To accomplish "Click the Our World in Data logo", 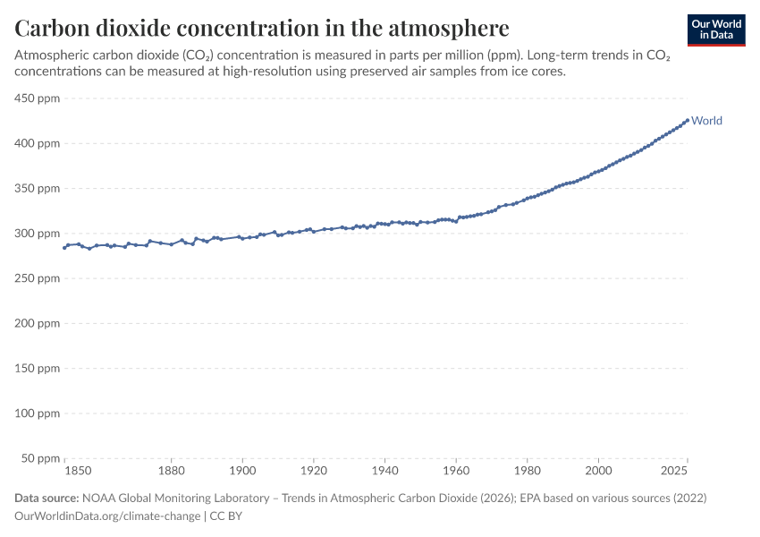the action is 716,30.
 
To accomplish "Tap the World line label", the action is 706,120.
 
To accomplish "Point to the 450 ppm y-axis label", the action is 38,98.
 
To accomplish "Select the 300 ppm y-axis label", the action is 38,234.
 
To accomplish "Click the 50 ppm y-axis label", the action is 40,458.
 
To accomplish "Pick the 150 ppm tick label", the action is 38,368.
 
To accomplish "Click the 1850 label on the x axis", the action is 78,471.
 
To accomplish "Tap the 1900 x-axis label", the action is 242,471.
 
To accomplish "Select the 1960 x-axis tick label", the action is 456,471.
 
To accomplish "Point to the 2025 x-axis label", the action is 674,471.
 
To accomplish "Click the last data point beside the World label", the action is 688,120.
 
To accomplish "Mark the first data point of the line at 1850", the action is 64,248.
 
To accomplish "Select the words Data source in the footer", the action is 46,499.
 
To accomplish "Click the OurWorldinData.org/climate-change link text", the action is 107,516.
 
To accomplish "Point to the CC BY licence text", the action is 226,516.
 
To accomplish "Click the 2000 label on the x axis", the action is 598,471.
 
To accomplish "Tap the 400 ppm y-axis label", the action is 38,143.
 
